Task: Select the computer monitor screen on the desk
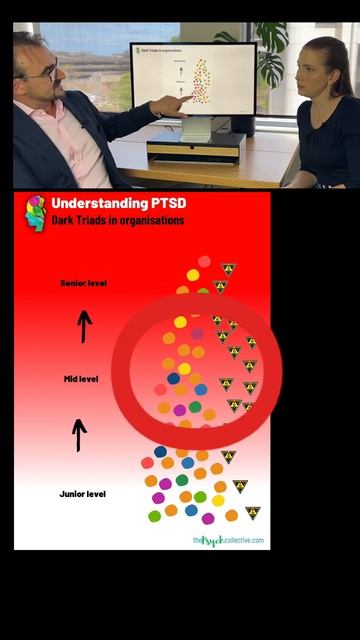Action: tap(194, 80)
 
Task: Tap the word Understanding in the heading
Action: tap(98, 203)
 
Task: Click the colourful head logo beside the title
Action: tap(35, 212)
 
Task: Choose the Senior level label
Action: tap(83, 283)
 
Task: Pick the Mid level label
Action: tap(84, 380)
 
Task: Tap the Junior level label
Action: tap(83, 494)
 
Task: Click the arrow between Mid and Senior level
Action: tap(85, 326)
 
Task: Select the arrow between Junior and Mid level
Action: tap(79, 434)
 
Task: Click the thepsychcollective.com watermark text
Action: tap(228, 540)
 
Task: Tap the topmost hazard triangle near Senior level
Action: tap(228, 269)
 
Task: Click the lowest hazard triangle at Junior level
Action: tap(252, 513)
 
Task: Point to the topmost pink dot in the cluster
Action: tap(204, 261)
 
